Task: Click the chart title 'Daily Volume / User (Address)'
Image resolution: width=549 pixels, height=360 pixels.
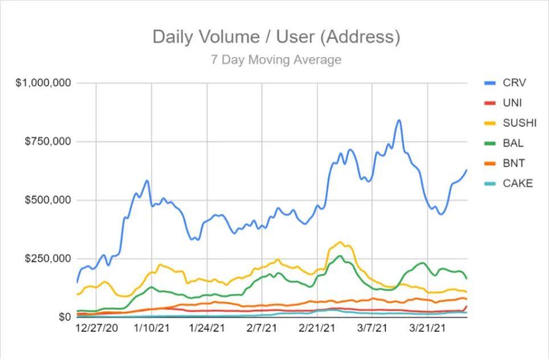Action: click(276, 37)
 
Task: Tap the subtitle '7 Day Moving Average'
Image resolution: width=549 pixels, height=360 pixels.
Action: click(276, 60)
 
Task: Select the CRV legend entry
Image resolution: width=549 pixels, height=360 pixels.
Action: click(505, 83)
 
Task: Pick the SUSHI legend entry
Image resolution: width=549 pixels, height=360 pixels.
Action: click(510, 123)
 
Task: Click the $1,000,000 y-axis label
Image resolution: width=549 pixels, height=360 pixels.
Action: click(43, 83)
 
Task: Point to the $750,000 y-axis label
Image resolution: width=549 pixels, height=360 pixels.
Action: click(48, 141)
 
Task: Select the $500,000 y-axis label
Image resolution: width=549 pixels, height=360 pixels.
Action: click(48, 200)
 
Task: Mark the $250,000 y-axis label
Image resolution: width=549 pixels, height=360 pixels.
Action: click(48, 259)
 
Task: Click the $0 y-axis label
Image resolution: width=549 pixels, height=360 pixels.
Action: click(65, 317)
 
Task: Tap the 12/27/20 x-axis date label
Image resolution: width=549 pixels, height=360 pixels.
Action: click(97, 329)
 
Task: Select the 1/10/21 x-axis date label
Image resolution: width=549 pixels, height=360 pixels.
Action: click(151, 329)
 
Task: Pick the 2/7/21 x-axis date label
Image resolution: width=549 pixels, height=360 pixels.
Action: click(261, 329)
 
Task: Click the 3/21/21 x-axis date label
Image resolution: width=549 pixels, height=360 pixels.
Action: click(427, 329)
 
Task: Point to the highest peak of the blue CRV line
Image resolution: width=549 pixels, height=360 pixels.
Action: click(399, 120)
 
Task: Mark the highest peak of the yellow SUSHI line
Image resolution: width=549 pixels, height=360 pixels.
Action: click(340, 242)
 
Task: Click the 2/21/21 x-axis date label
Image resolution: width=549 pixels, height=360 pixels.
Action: click(317, 329)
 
